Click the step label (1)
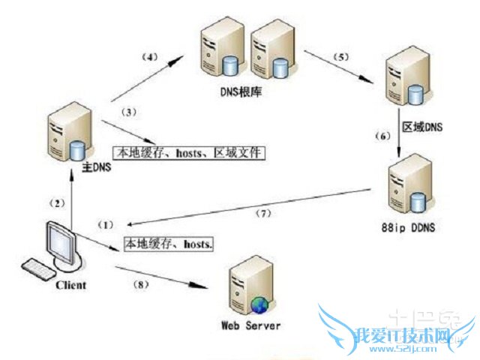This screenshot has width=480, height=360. tap(108, 224)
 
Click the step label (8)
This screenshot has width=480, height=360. tap(141, 284)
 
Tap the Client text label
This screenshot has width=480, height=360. tap(70, 285)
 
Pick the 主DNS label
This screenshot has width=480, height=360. tap(95, 166)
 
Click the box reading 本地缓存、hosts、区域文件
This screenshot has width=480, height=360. tap(189, 152)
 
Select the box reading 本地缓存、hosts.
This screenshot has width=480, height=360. tap(168, 244)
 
